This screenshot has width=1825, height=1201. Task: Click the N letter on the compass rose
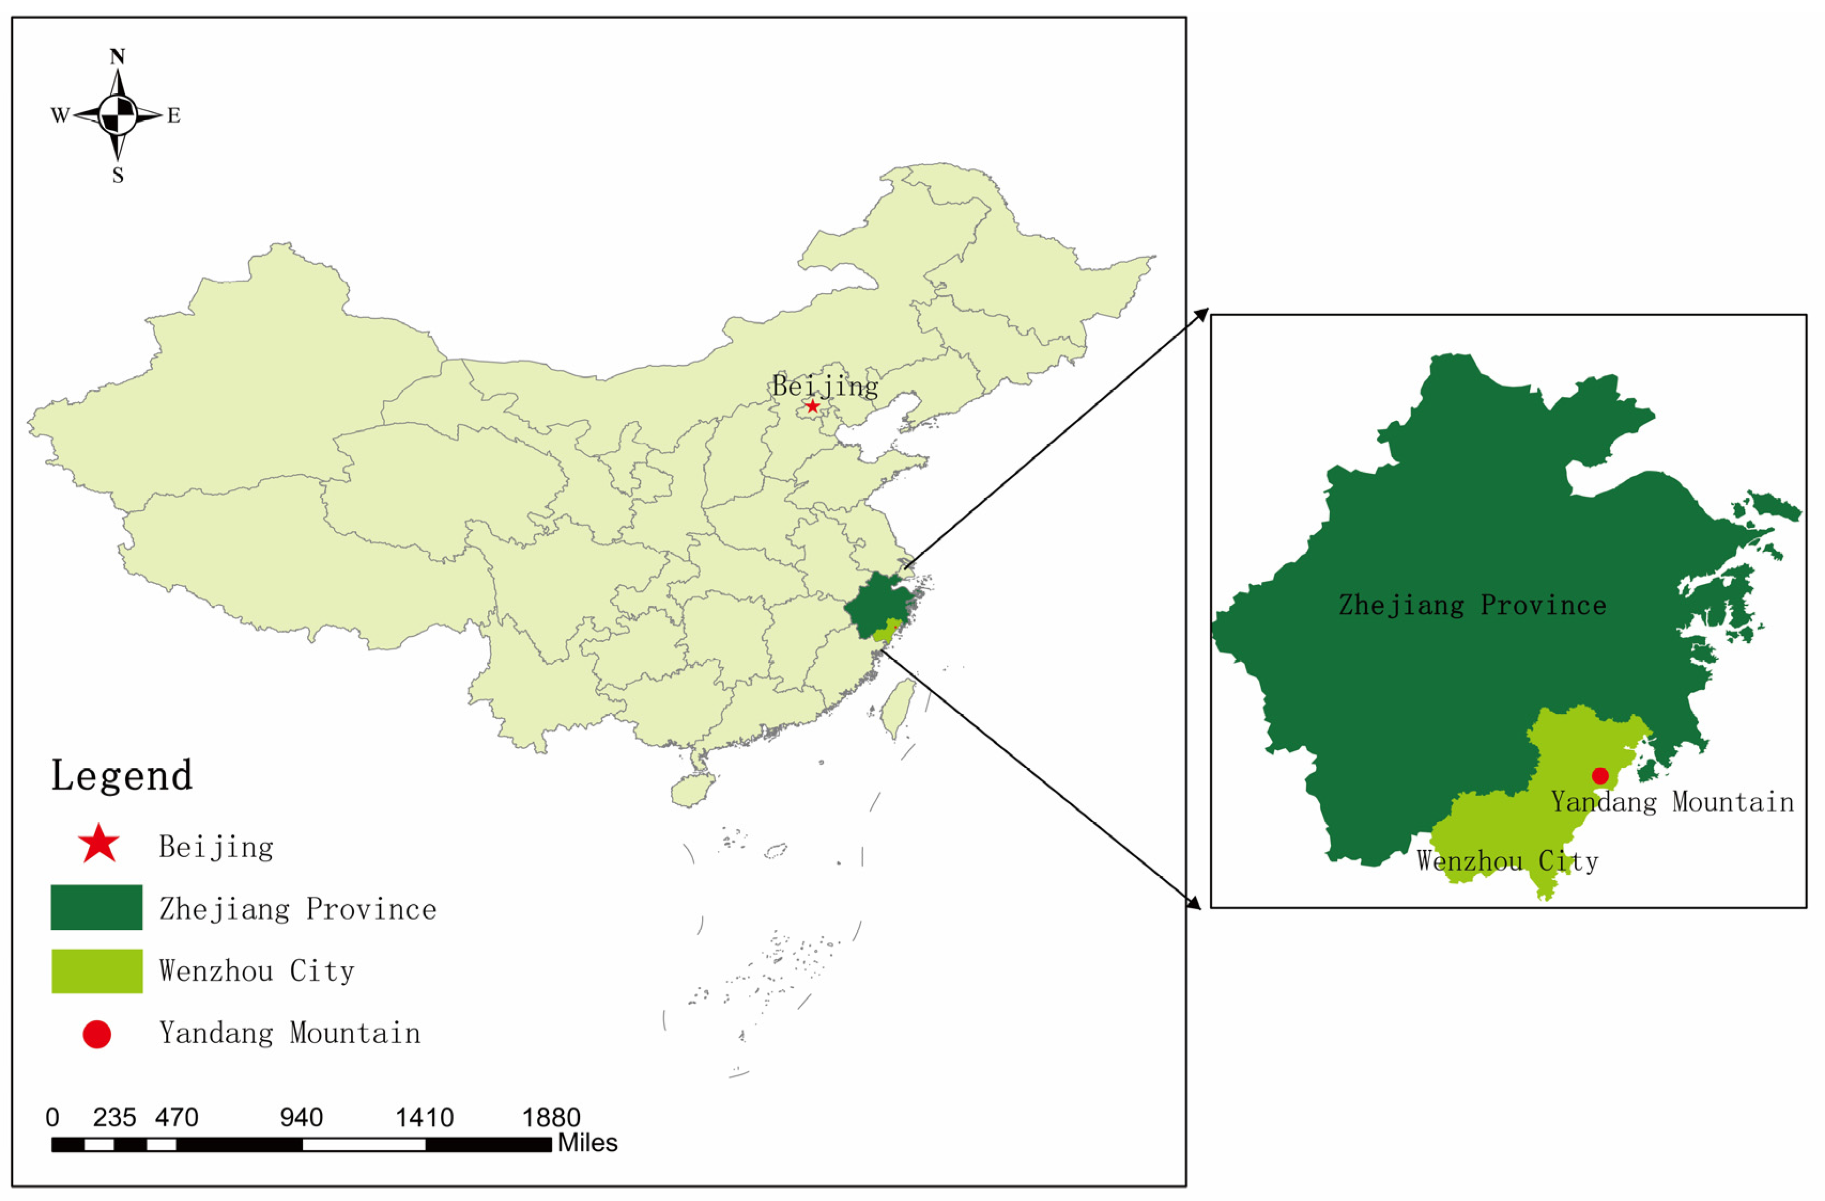coord(117,57)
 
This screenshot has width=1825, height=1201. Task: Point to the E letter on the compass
coord(174,116)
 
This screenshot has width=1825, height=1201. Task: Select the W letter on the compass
coord(60,116)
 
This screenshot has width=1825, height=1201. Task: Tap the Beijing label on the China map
coord(825,386)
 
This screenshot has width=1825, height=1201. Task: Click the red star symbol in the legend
coord(98,845)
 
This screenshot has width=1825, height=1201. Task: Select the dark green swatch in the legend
coord(97,907)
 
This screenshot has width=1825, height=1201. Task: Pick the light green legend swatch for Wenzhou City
coord(97,971)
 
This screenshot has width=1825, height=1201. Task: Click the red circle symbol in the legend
coord(97,1035)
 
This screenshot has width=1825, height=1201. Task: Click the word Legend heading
coord(122,776)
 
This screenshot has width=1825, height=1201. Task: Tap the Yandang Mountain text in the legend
coord(290,1033)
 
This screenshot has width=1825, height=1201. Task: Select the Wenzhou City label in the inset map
coord(1507,861)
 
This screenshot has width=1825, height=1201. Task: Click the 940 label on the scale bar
coord(301,1118)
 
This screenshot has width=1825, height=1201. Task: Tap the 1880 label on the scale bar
coord(551,1118)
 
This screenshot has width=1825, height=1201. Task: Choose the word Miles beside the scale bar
coord(587,1143)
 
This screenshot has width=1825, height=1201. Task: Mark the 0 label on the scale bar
coord(52,1118)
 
